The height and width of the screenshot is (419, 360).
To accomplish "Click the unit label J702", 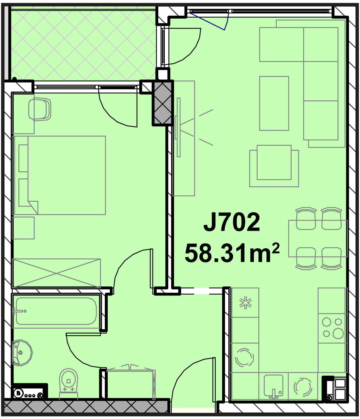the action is click(x=232, y=222).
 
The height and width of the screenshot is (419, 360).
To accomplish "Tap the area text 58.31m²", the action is click(x=232, y=253).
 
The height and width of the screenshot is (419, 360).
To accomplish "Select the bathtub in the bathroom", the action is click(x=56, y=311).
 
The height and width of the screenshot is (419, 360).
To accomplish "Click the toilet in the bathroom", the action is click(x=68, y=384).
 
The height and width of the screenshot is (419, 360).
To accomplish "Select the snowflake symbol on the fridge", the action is click(x=245, y=303).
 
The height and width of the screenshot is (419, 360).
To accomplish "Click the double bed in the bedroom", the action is click(x=59, y=175).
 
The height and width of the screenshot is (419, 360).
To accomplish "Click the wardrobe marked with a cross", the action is click(x=57, y=273).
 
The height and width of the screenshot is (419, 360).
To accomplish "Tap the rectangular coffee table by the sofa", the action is click(x=274, y=103).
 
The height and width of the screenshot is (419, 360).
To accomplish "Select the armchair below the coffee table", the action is click(x=274, y=166).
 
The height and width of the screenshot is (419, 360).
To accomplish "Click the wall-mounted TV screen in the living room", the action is click(x=179, y=127).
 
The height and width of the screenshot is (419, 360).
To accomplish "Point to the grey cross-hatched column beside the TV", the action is click(x=163, y=103).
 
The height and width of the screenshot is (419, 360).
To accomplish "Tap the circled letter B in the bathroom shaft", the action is click(x=19, y=394).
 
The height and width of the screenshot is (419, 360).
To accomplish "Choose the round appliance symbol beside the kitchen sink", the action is click(x=303, y=387).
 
